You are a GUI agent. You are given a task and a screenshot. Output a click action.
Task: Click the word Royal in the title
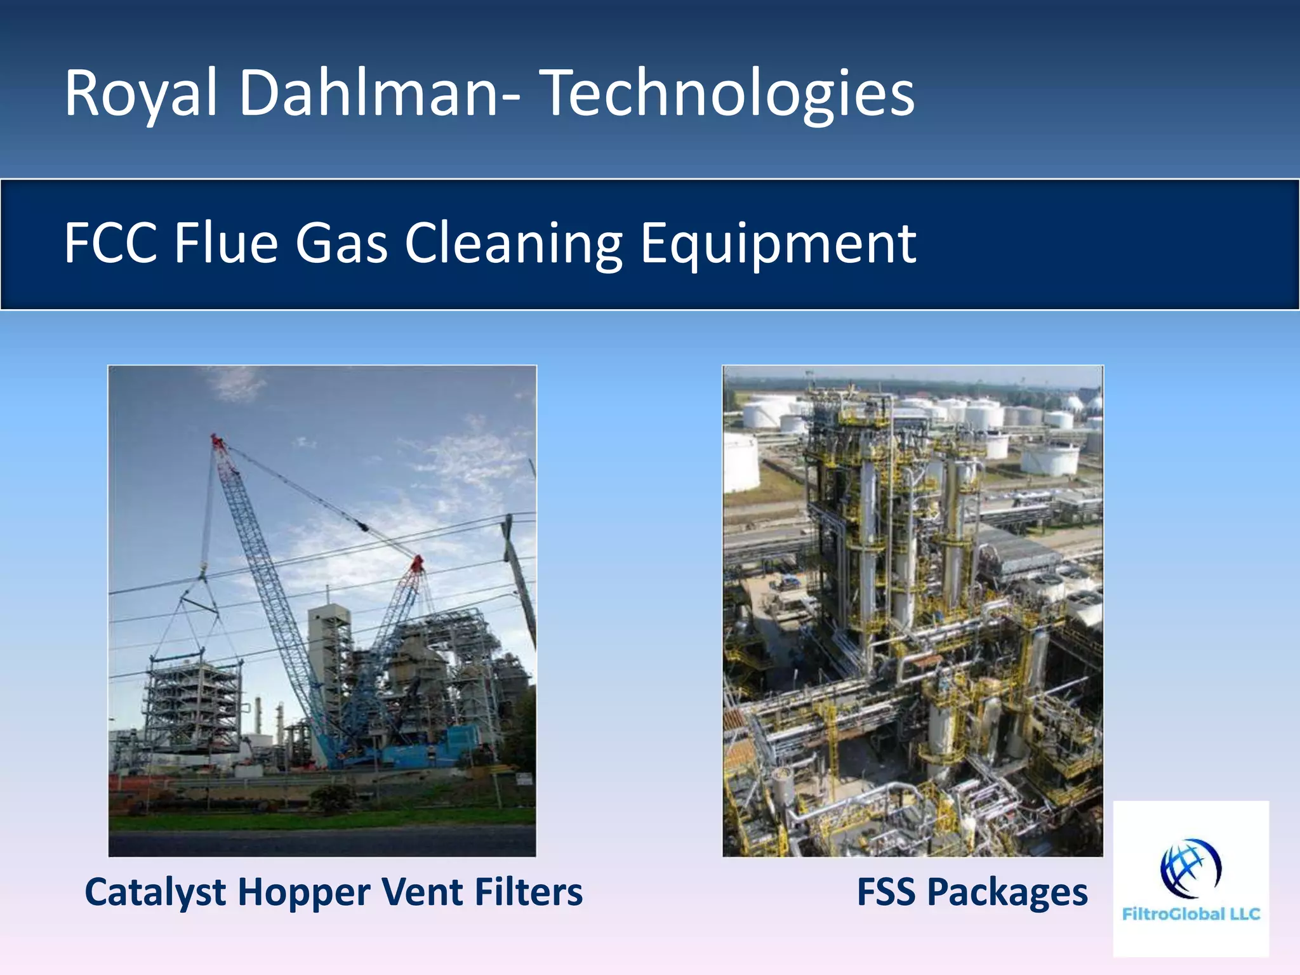(x=140, y=94)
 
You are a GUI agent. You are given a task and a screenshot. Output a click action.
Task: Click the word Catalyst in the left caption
(x=156, y=892)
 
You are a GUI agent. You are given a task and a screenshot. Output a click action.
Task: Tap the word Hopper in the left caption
(x=305, y=892)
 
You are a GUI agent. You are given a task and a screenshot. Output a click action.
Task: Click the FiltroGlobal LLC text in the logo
(x=1191, y=914)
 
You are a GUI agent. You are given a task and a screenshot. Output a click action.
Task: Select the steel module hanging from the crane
(x=194, y=705)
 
